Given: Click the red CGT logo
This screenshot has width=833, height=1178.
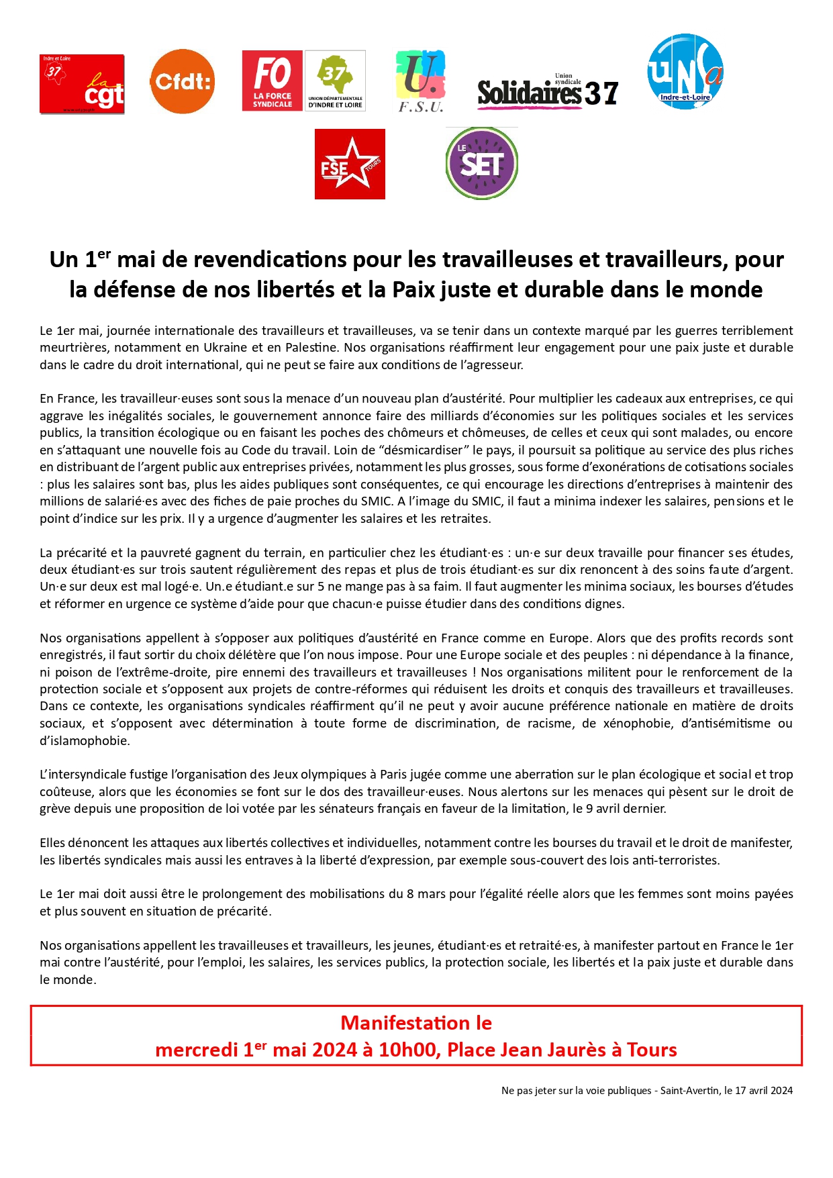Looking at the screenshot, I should [x=82, y=84].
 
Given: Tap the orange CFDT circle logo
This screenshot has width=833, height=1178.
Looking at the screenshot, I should [x=182, y=81].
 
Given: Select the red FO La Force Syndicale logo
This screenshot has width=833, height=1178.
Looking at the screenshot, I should [x=273, y=81].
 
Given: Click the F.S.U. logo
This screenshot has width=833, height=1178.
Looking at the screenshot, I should [x=421, y=81].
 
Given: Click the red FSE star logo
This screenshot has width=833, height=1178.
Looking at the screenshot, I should [x=350, y=164].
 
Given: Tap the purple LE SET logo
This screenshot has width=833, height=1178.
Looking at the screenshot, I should [x=481, y=163].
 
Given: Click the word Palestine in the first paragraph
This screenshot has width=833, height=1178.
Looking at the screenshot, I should [x=311, y=348].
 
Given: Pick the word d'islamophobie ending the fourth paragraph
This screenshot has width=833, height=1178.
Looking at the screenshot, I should [x=85, y=741].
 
